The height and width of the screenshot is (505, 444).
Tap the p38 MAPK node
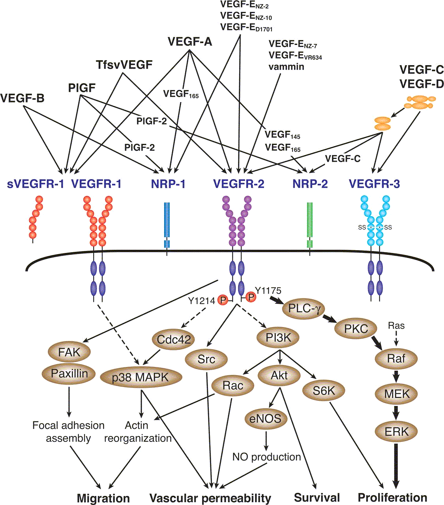[141, 378]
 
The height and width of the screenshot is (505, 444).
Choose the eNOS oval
[265, 418]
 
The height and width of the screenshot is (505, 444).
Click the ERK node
[397, 431]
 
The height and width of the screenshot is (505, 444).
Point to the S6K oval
[324, 390]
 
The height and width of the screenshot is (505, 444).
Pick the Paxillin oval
[69, 373]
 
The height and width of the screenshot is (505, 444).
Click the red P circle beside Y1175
[250, 297]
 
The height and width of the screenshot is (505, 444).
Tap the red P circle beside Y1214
[223, 301]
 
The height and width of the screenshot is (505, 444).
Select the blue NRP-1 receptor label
[169, 184]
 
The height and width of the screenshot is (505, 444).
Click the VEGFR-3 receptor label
[375, 184]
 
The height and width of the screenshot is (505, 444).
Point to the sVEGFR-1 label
[36, 184]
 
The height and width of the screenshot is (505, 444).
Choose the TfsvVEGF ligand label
[124, 65]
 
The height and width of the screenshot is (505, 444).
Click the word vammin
[286, 66]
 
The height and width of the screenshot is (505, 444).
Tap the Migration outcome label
[103, 498]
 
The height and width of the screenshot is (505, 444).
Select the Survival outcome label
[317, 498]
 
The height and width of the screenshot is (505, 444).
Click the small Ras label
[396, 326]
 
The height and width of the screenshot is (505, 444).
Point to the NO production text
[267, 457]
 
